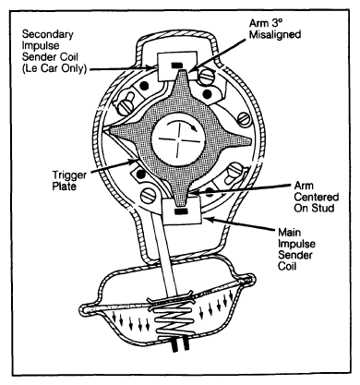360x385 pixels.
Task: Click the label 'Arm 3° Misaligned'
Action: [x=275, y=29]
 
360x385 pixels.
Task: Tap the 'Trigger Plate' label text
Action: [x=69, y=181]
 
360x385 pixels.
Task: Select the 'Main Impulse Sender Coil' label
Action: [x=296, y=249]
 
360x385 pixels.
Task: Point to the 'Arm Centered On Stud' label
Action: [x=316, y=197]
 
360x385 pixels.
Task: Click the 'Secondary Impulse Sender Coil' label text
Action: [x=54, y=51]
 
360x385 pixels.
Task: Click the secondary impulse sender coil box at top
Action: [x=177, y=66]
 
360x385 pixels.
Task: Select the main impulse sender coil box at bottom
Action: [x=182, y=211]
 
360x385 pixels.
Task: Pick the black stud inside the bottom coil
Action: [x=181, y=211]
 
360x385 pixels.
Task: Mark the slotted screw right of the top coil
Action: [x=207, y=77]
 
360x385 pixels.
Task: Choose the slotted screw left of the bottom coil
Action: [x=149, y=196]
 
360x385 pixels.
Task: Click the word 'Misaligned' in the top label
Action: [x=275, y=34]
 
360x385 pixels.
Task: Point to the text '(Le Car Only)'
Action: [x=54, y=68]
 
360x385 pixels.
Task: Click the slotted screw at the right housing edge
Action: [x=244, y=119]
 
